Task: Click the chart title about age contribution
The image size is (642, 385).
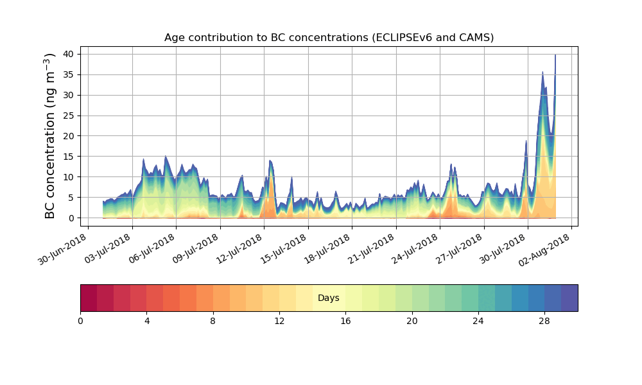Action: click(x=329, y=37)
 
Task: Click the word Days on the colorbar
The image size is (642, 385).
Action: click(x=329, y=298)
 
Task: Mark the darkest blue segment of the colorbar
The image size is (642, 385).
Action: click(x=569, y=298)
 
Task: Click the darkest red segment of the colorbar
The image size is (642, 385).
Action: click(x=89, y=298)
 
